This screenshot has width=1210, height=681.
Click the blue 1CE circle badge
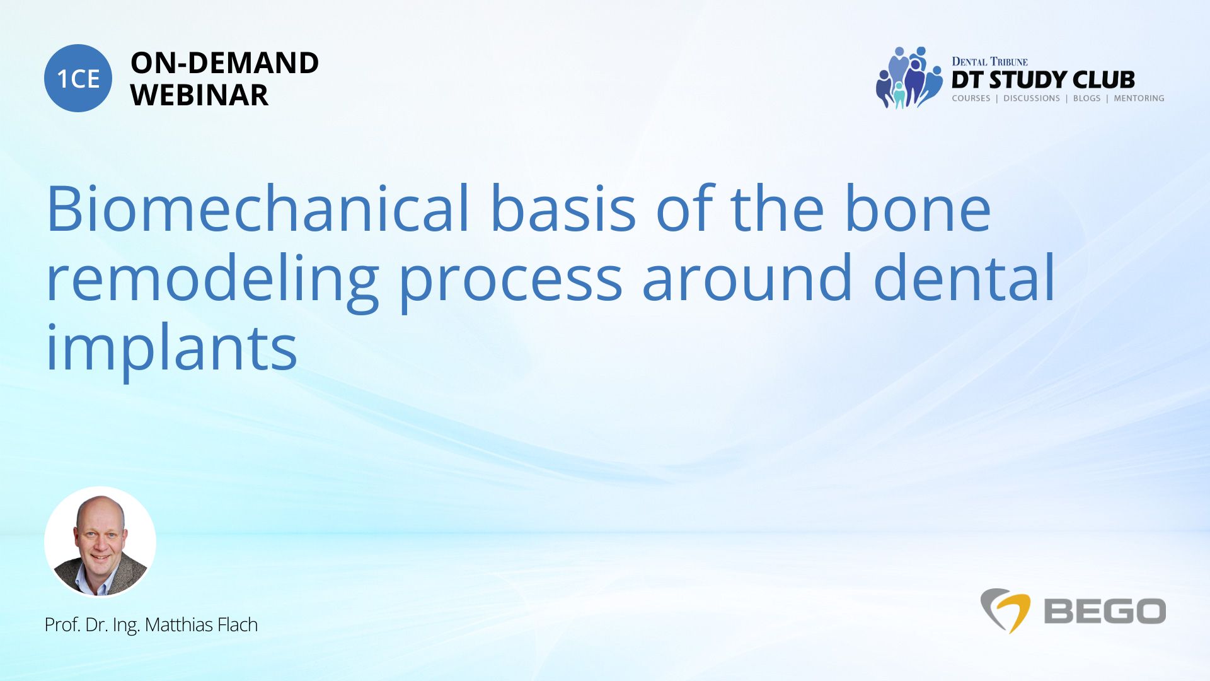pyautogui.click(x=78, y=78)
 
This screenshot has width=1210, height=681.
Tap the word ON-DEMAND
pyautogui.click(x=224, y=63)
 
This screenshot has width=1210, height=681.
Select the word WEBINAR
pyautogui.click(x=199, y=95)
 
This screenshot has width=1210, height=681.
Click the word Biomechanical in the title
pyautogui.click(x=258, y=208)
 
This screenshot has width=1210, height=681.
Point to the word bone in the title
pyautogui.click(x=918, y=208)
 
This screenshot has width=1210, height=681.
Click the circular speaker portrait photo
pyautogui.click(x=100, y=542)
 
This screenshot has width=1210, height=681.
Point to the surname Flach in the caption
pyautogui.click(x=238, y=624)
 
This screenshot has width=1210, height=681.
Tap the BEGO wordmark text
pyautogui.click(x=1105, y=612)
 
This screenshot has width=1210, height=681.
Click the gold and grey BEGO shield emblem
pyautogui.click(x=1005, y=610)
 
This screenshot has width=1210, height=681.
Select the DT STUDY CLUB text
pyautogui.click(x=1043, y=80)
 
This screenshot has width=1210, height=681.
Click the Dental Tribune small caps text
pyautogui.click(x=989, y=61)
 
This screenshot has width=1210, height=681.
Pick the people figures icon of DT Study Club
pyautogui.click(x=909, y=78)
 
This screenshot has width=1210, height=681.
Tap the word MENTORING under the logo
pyautogui.click(x=1139, y=98)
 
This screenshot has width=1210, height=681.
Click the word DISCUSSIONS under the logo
pyautogui.click(x=1032, y=98)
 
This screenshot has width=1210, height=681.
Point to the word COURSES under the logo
pyautogui.click(x=971, y=98)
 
